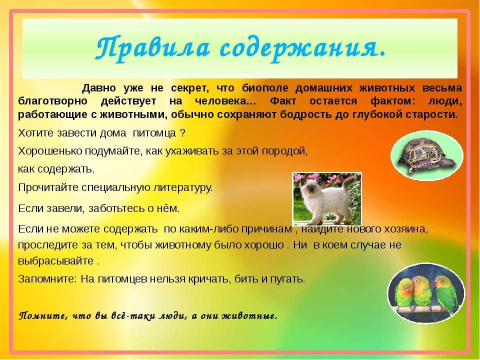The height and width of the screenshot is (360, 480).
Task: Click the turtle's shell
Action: [x=420, y=150]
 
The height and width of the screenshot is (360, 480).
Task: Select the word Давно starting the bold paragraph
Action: [x=99, y=88]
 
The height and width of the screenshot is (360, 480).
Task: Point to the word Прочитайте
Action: [x=48, y=187]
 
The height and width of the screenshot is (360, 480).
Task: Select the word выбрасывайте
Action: [x=55, y=261]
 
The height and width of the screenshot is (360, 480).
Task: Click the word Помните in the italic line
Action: [x=43, y=315]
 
